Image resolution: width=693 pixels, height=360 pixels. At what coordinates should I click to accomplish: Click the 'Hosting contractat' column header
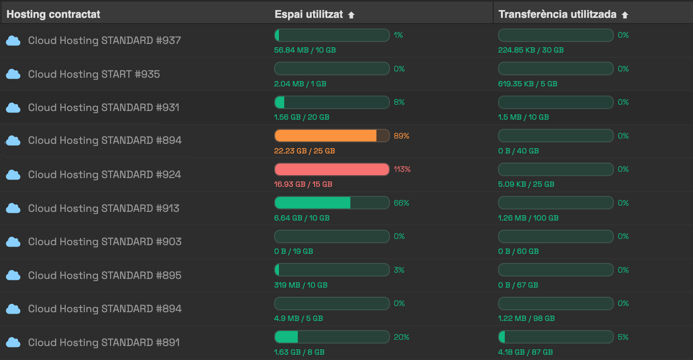[x=53, y=14]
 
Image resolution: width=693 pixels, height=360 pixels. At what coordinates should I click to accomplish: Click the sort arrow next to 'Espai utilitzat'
[x=351, y=15]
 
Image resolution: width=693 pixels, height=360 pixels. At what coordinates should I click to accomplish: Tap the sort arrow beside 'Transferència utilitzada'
[x=625, y=15]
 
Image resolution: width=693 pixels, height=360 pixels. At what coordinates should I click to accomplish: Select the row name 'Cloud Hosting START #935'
[x=94, y=74]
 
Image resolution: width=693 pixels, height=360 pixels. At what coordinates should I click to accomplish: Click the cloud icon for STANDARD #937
[x=14, y=41]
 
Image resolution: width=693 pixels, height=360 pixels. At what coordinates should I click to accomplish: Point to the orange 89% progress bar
[x=332, y=136]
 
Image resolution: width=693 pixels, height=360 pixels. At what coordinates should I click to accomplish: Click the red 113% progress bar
[x=332, y=169]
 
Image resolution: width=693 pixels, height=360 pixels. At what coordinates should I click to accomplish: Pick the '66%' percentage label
[x=401, y=203]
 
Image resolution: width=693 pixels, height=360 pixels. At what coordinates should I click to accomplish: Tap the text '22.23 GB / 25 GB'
[x=305, y=151]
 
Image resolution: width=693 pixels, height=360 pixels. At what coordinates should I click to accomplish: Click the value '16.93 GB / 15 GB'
[x=303, y=184]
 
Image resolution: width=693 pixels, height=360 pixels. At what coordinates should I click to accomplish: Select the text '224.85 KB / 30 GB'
[x=531, y=50]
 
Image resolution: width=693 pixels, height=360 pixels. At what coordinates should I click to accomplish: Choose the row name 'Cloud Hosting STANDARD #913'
[x=104, y=208]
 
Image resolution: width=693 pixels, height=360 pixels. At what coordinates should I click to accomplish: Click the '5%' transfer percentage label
[x=623, y=337]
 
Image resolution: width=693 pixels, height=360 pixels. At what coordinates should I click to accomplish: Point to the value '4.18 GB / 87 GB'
[x=526, y=352]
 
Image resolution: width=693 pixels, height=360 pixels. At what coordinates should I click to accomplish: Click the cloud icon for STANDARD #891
[x=14, y=343]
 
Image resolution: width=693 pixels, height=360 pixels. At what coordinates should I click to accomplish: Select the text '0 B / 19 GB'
[x=293, y=251]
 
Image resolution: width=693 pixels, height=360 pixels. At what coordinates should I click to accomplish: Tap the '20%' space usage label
[x=401, y=337]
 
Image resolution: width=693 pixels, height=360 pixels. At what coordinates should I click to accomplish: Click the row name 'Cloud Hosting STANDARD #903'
[x=105, y=242]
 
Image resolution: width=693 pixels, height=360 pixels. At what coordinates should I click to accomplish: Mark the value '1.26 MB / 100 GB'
[x=528, y=218]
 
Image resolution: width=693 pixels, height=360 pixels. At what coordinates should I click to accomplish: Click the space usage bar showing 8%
[x=332, y=102]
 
